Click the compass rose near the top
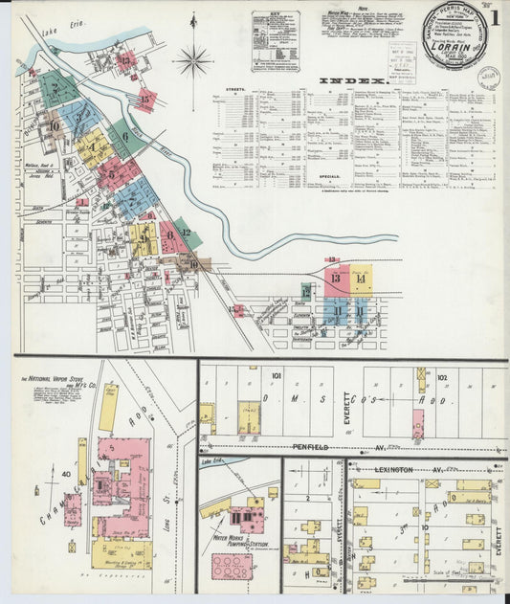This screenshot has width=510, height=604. [192, 60]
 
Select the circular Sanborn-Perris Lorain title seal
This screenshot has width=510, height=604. [455, 38]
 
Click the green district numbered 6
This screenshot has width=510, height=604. [125, 138]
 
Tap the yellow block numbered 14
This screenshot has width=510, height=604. [361, 279]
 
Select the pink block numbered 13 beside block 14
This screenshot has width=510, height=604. [336, 279]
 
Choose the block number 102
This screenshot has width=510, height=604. [441, 377]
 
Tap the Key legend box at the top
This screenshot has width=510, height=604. [276, 41]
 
